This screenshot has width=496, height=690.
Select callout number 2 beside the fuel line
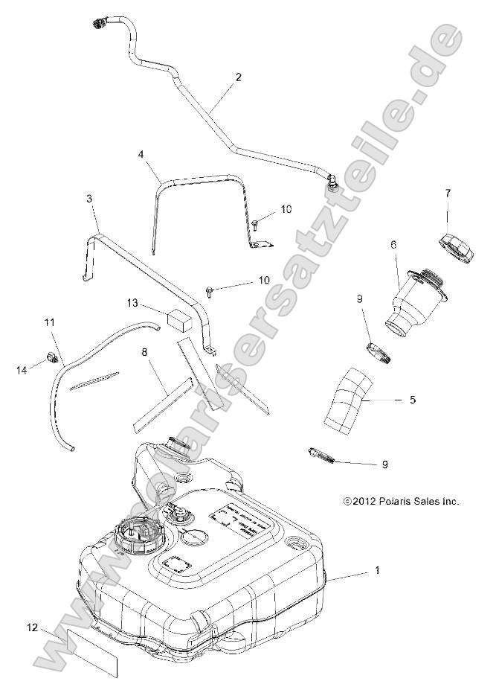239,77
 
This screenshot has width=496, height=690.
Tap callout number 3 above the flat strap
89,199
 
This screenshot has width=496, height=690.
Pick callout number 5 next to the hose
412,400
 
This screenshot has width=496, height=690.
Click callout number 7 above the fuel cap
448,194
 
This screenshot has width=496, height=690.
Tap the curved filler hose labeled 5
347,400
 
